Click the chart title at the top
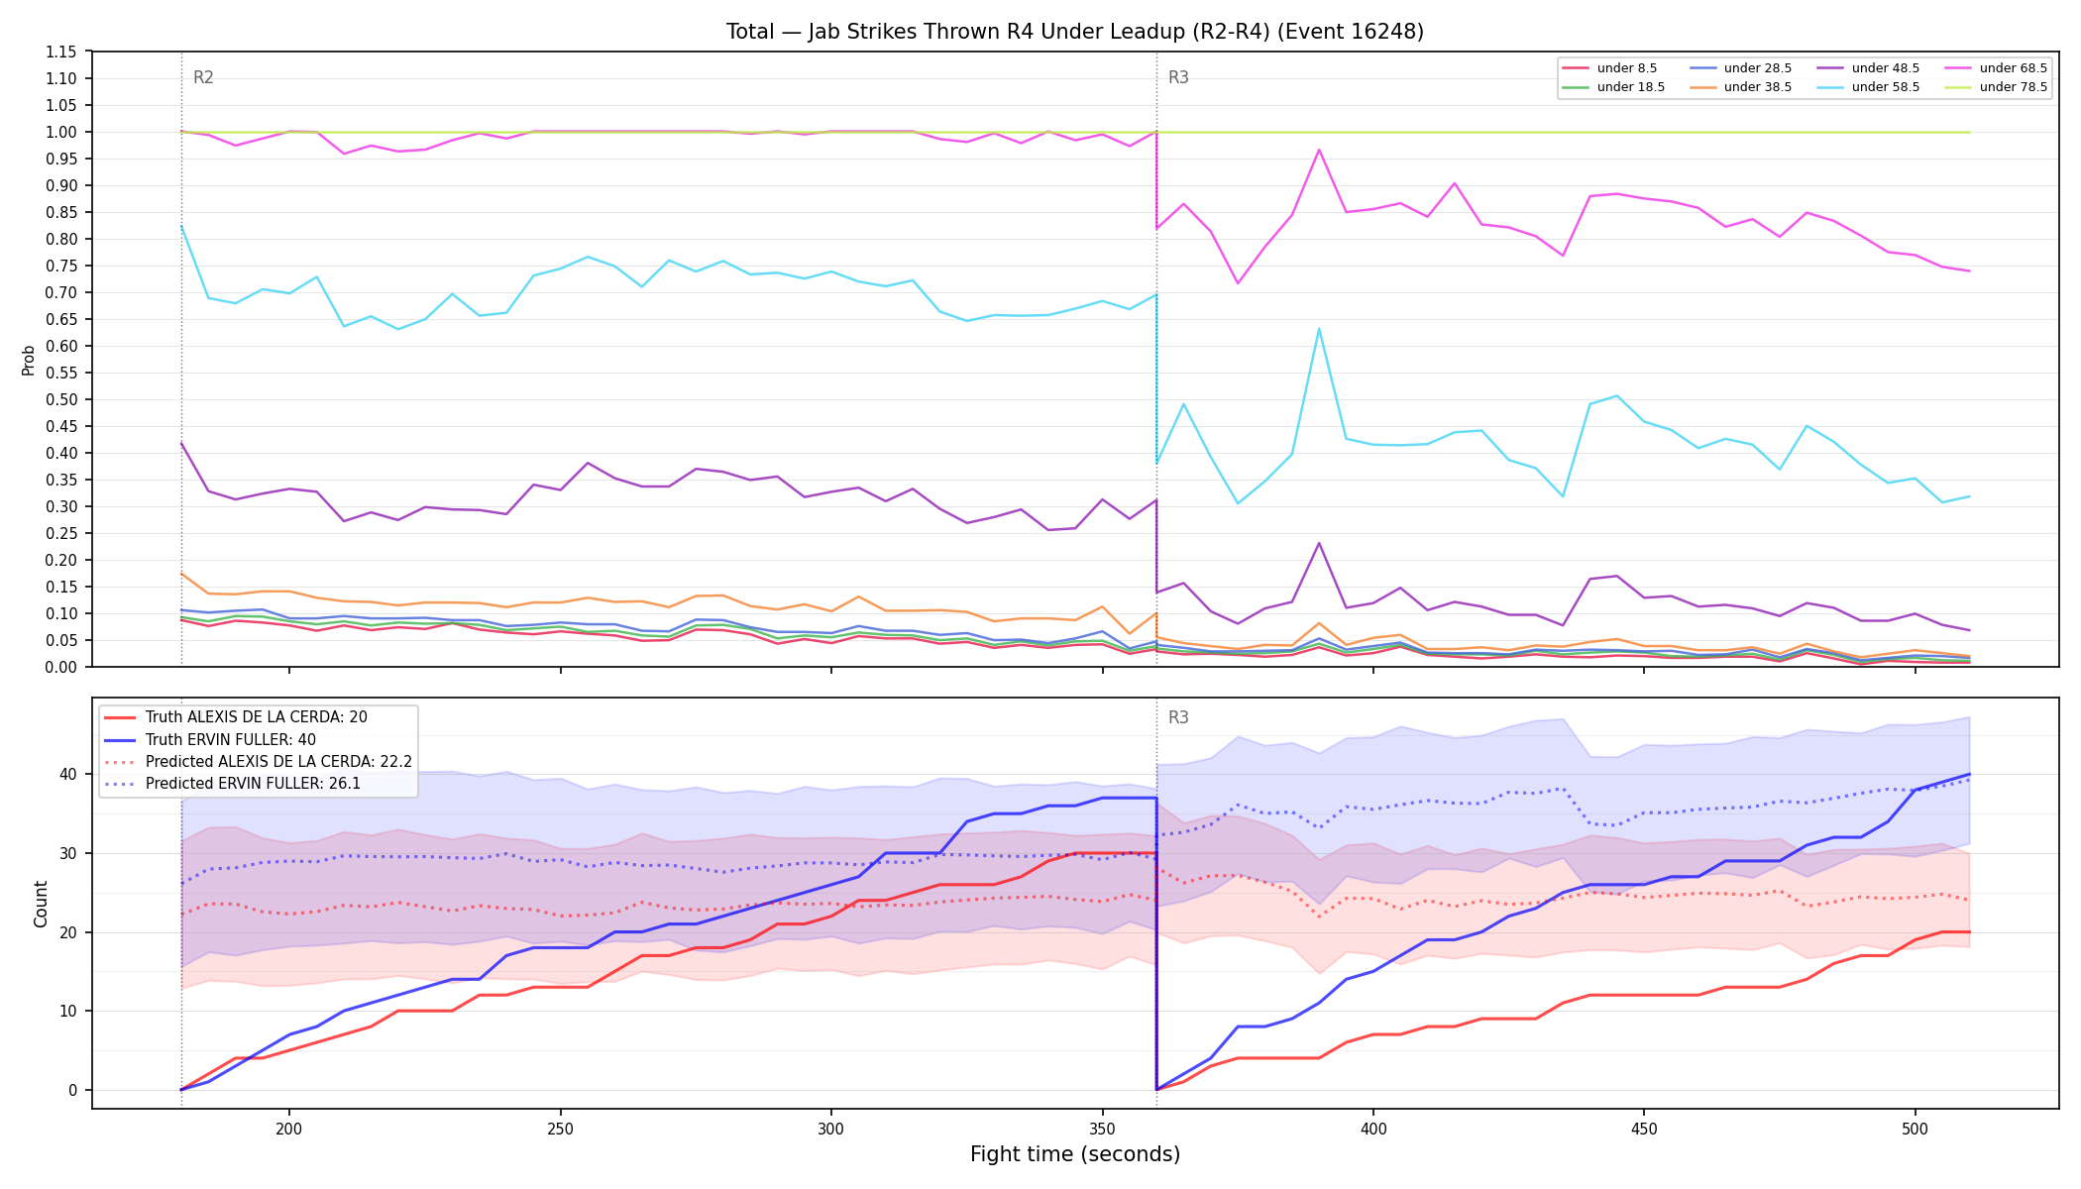[x=1075, y=32]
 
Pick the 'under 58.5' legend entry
[x=1867, y=87]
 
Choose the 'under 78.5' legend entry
[x=1995, y=87]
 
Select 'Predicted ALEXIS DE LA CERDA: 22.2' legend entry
[x=258, y=762]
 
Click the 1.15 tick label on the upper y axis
[x=61, y=52]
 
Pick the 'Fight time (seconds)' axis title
[x=1075, y=1155]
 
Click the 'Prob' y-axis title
[x=29, y=360]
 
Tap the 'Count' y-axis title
[x=41, y=904]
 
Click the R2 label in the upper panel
[x=203, y=77]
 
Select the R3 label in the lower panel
[x=1178, y=717]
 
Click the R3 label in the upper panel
[x=1178, y=77]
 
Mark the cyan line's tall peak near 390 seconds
[x=1319, y=329]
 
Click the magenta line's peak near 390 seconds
[x=1319, y=150]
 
